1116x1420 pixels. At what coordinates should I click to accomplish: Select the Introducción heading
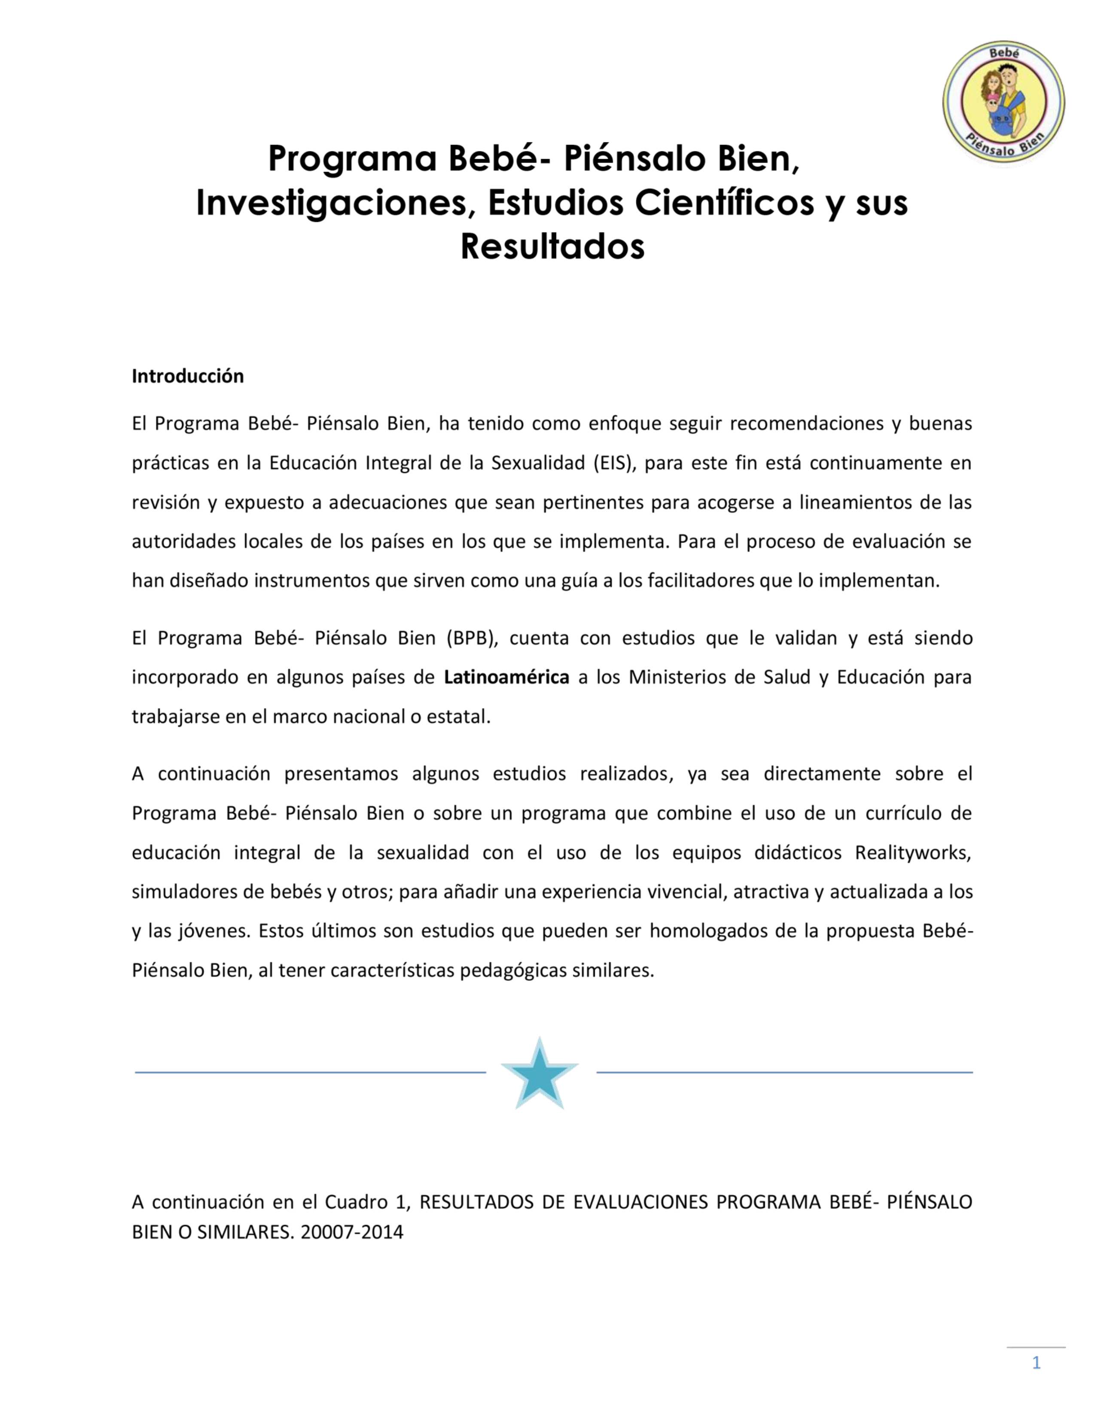click(x=188, y=376)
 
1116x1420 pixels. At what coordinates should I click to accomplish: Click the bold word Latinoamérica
click(x=506, y=677)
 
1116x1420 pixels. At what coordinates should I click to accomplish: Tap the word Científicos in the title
click(x=725, y=203)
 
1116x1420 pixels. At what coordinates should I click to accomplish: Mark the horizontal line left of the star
click(x=311, y=1072)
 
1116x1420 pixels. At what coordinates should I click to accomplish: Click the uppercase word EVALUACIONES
click(x=640, y=1202)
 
